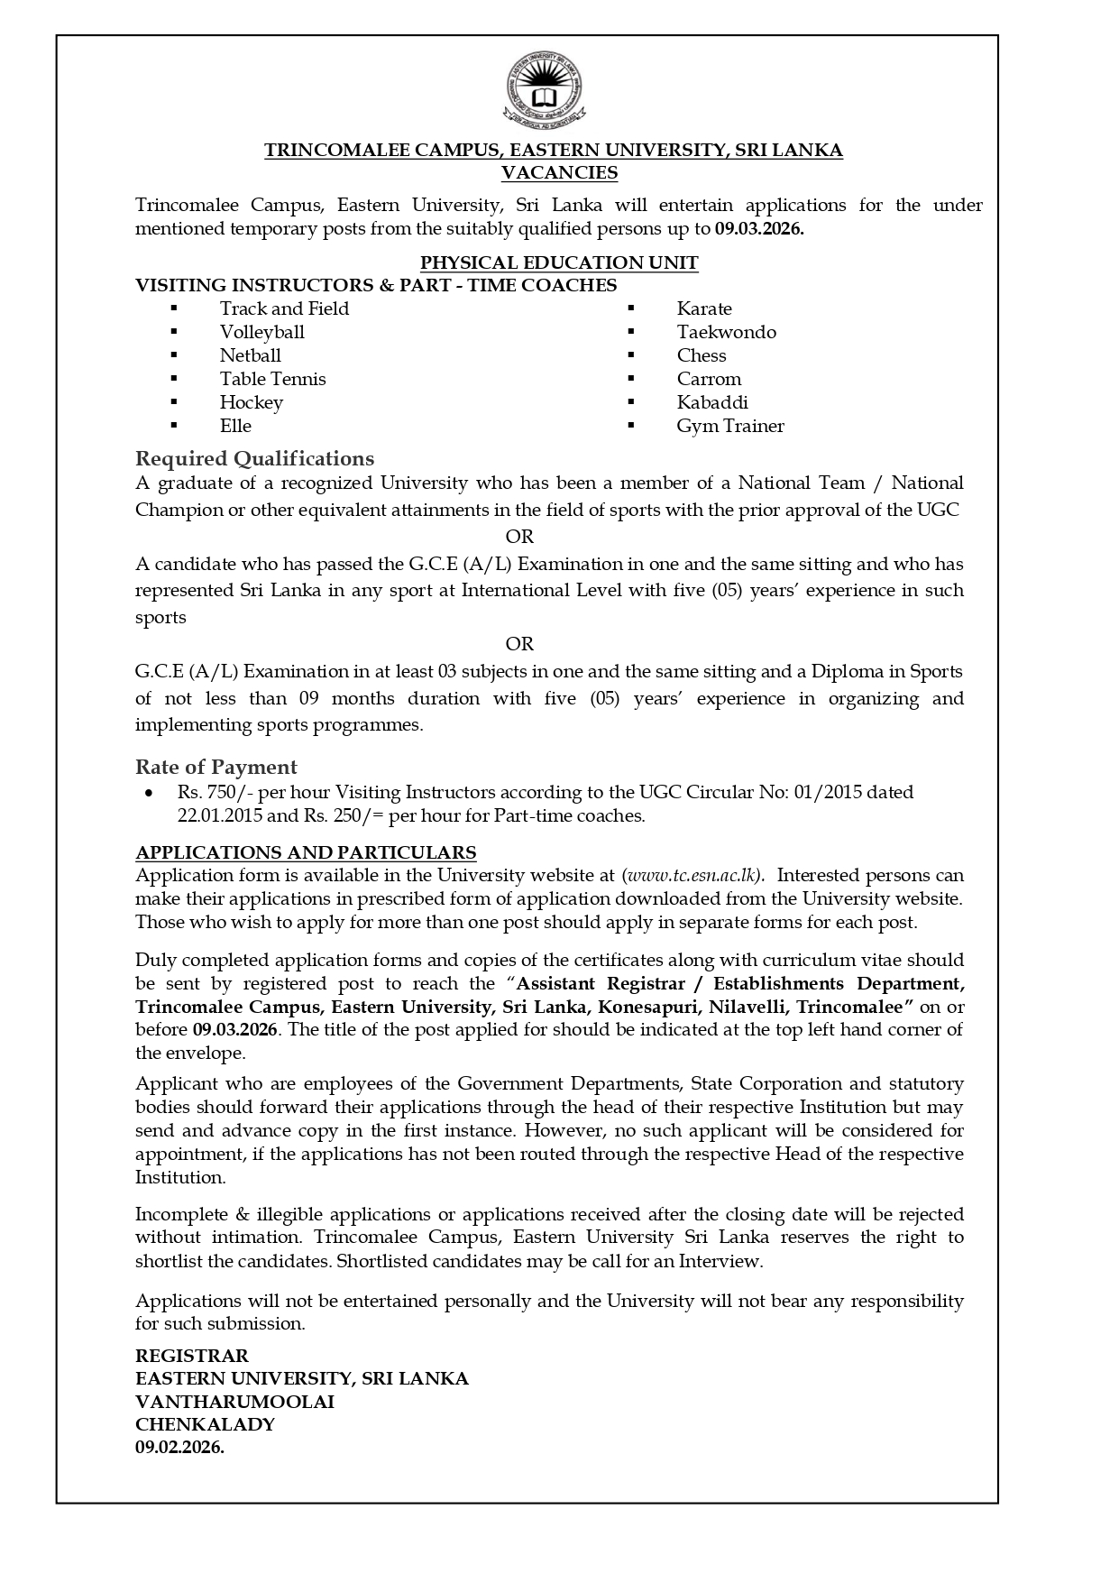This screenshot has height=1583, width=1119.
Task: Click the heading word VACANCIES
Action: point(559,173)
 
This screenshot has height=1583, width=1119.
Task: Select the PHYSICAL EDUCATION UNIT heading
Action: point(559,262)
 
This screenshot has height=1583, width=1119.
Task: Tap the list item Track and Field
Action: point(284,308)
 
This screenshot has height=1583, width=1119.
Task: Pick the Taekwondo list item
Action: point(726,332)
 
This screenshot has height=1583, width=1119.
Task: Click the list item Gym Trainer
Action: point(730,426)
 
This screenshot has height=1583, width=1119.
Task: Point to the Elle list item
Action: point(235,426)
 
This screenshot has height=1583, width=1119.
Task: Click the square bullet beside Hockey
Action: point(173,402)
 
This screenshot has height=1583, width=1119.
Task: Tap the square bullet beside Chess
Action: point(631,355)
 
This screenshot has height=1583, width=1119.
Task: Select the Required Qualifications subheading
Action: point(254,458)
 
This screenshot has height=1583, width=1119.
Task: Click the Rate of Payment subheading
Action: point(216,767)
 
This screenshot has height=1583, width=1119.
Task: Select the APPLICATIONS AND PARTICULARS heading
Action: point(306,852)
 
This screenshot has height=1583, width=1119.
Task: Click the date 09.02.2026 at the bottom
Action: point(179,1448)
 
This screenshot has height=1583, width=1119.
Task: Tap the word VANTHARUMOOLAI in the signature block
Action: point(234,1402)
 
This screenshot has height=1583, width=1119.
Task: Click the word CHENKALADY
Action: point(205,1425)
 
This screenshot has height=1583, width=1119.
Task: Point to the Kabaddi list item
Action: point(712,402)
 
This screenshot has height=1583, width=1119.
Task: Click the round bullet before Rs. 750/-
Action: point(149,793)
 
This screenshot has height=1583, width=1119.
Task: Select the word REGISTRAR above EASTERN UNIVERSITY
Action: point(192,1355)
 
